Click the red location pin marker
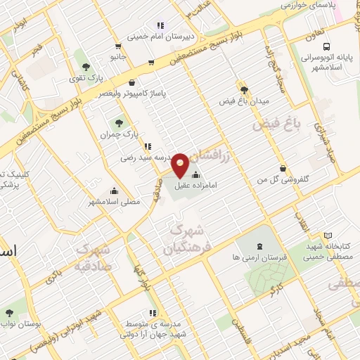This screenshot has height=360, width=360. pos(181,165)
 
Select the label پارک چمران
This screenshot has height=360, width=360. pos(116,134)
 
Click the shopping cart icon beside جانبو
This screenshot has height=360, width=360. pos(152,63)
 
